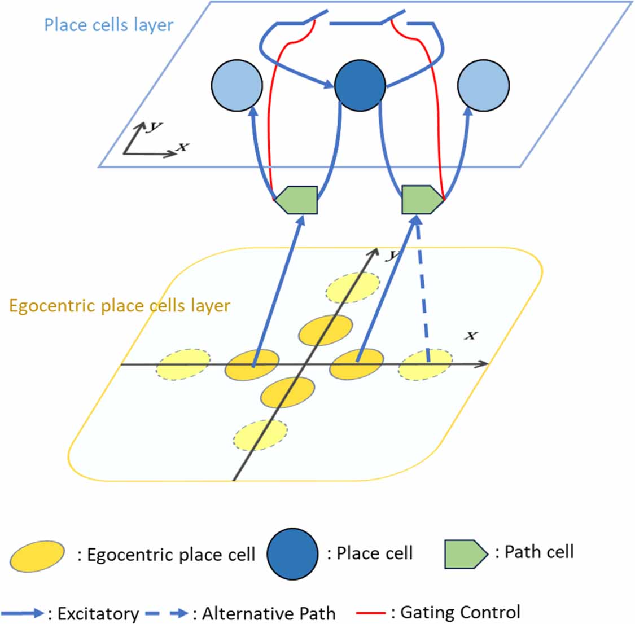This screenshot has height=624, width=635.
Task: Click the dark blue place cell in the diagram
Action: [x=360, y=86]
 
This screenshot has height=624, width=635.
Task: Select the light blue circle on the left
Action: [x=237, y=86]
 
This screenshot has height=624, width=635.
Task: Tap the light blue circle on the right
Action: [x=483, y=86]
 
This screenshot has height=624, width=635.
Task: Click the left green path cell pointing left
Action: [x=298, y=200]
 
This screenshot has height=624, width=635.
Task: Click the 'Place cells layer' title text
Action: [x=108, y=25]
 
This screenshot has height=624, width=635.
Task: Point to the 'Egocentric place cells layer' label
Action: [x=120, y=306]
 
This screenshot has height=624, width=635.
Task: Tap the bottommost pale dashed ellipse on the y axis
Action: [x=260, y=435]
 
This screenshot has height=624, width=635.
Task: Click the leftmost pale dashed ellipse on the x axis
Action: [x=183, y=364]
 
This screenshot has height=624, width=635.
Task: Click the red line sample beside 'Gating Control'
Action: [x=371, y=613]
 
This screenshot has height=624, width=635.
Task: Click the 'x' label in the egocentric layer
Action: [x=470, y=336]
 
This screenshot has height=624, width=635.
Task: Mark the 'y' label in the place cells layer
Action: [x=152, y=126]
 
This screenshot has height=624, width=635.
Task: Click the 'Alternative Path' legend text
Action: [x=269, y=613]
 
